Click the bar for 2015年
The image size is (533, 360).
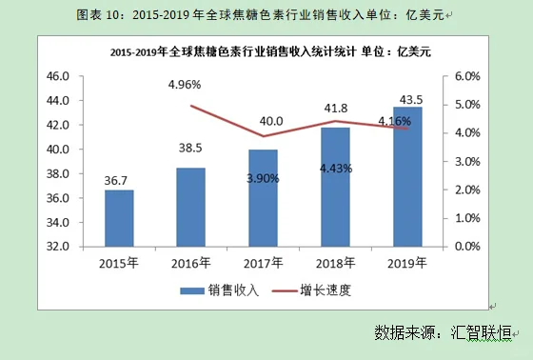(x=119, y=218)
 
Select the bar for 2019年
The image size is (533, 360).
(x=408, y=176)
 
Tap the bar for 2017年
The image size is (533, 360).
(x=264, y=198)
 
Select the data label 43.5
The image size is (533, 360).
(x=408, y=99)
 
